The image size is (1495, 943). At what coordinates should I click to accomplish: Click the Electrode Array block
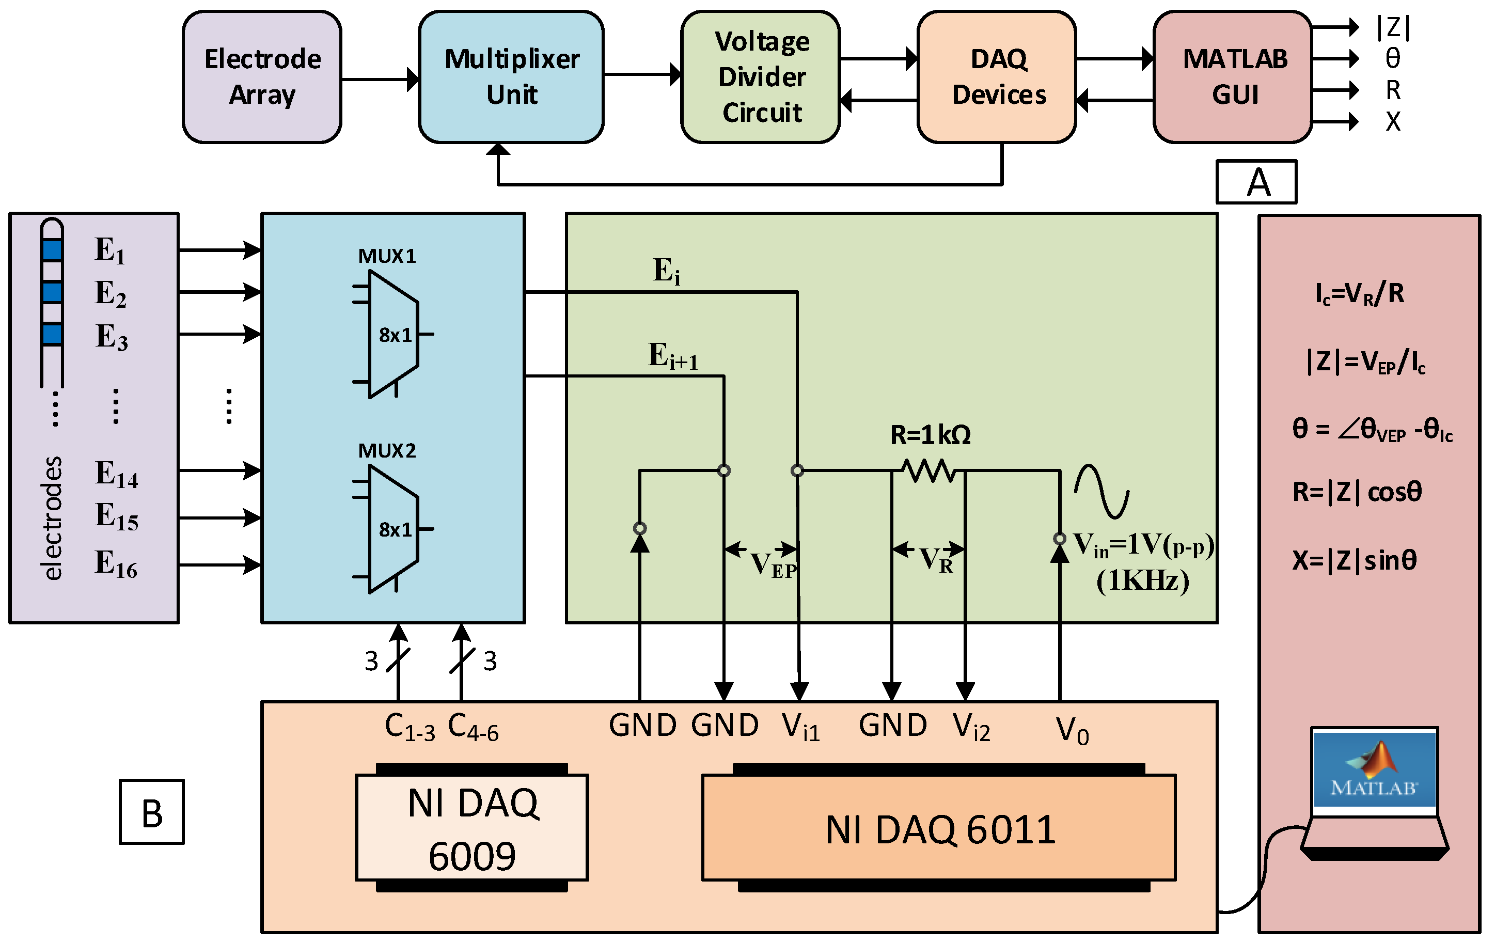[x=262, y=77]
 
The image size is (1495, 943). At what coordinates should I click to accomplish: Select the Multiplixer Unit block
[x=511, y=77]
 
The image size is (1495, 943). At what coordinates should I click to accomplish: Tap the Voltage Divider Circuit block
[x=761, y=77]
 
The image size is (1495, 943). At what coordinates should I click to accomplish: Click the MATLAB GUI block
[x=1233, y=77]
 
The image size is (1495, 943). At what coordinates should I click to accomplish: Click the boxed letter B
[x=151, y=812]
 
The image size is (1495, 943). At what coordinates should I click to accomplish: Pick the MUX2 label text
[x=387, y=451]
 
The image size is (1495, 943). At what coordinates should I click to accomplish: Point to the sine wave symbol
[x=1101, y=491]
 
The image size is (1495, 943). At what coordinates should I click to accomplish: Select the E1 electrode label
[x=110, y=250]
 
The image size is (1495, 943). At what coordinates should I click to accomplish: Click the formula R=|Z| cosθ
[x=1357, y=492]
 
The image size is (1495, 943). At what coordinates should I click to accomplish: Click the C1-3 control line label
[x=410, y=726]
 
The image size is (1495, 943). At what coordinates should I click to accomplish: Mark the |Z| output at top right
[x=1393, y=27]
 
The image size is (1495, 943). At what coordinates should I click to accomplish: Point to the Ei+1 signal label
[x=673, y=356]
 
